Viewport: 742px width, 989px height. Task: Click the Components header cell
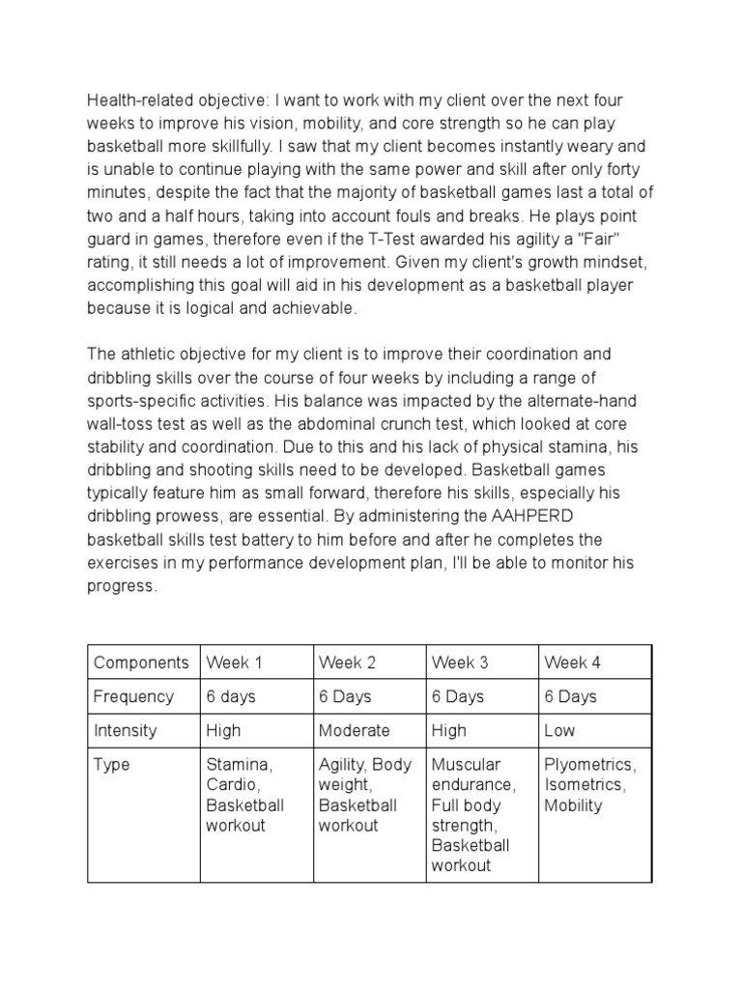141,663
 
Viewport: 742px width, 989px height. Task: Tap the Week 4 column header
572,663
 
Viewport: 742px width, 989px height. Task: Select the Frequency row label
133,696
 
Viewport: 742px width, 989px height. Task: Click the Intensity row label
126,730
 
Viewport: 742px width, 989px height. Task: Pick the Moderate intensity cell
354,730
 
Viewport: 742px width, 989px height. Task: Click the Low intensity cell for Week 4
560,730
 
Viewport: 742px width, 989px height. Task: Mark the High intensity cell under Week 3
449,730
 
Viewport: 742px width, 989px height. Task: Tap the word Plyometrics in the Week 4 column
589,764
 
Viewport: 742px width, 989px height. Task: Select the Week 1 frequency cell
231,696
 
